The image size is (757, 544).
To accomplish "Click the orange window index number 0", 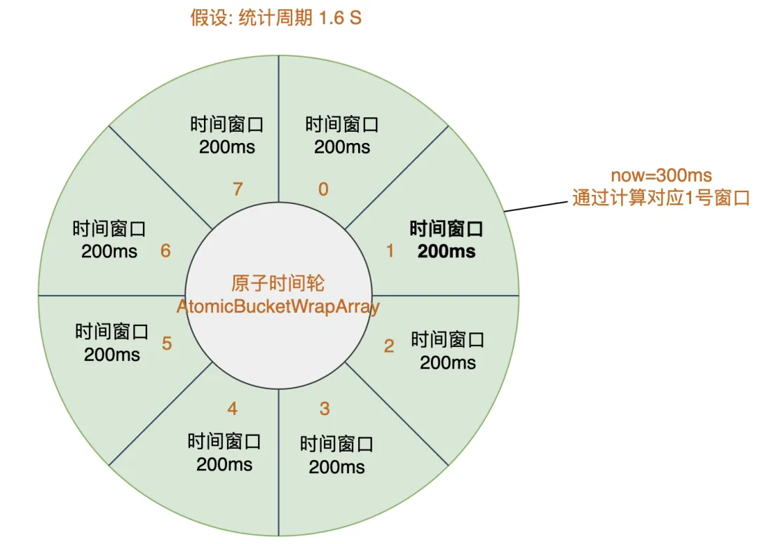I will tap(323, 189).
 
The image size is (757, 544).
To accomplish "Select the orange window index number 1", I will tap(390, 250).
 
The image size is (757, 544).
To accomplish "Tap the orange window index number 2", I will tap(389, 346).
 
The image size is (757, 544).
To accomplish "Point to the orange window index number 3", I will tap(324, 408).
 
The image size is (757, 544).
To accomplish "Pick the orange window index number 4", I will tap(233, 408).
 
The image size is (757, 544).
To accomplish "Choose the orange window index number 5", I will tap(167, 344).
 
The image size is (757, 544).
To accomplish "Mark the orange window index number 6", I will tap(165, 250).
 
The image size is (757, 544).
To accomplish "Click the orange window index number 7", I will tap(238, 189).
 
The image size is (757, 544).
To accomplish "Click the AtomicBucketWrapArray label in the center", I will tap(278, 307).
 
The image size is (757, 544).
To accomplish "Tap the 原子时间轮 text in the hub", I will tap(278, 283).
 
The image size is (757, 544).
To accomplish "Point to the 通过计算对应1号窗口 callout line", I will tap(661, 198).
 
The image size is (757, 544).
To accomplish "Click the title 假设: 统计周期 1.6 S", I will tap(276, 18).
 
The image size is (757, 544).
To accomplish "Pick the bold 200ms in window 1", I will tap(446, 251).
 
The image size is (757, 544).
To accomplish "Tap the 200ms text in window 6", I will tap(109, 251).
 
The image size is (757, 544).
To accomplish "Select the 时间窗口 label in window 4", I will tap(224, 442).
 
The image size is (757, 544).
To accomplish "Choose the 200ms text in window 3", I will tap(337, 466).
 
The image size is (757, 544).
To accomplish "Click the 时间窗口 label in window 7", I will tap(227, 125).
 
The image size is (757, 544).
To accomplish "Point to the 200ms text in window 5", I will tap(112, 354).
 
